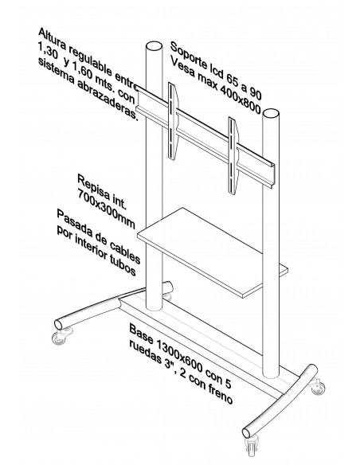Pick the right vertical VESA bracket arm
pyautogui.click(x=234, y=152)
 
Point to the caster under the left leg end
pyautogui.click(x=57, y=338)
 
